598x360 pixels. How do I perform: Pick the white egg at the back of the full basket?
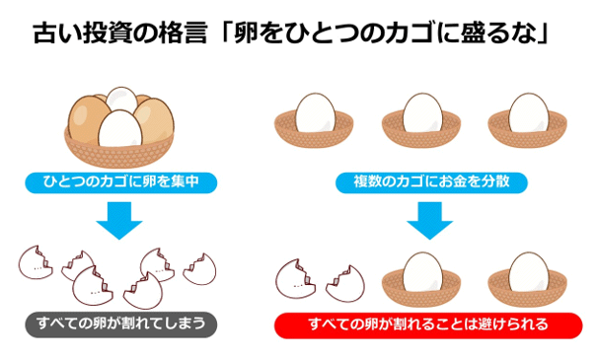click(x=122, y=99)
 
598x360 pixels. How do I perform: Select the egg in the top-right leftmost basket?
click(x=320, y=110)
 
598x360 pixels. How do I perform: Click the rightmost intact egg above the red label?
click(x=533, y=266)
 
